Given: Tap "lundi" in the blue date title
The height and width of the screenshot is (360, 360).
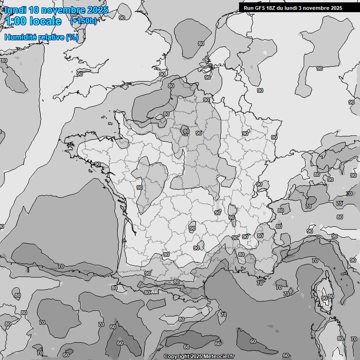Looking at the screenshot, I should [x=15, y=10].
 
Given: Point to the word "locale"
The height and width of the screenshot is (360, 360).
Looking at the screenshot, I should [x=45, y=21].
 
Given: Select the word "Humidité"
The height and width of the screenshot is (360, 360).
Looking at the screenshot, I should [x=19, y=37].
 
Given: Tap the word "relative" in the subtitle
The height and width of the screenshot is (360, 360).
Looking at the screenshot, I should [x=50, y=37].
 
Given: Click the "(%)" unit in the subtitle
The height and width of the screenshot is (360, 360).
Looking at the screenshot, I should [x=72, y=37].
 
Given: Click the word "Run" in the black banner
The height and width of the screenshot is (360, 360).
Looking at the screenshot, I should [x=248, y=7].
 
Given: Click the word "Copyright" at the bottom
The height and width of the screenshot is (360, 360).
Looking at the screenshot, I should [x=176, y=357].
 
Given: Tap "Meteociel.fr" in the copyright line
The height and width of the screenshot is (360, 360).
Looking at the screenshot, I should [x=219, y=357].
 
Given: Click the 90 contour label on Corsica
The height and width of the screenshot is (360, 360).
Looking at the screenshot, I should [x=324, y=298].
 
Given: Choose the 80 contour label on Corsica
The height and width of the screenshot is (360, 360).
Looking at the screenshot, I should [x=330, y=296].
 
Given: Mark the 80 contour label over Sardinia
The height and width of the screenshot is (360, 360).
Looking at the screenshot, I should [x=340, y=338].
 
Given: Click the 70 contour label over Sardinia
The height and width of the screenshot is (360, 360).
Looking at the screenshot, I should [x=353, y=338].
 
